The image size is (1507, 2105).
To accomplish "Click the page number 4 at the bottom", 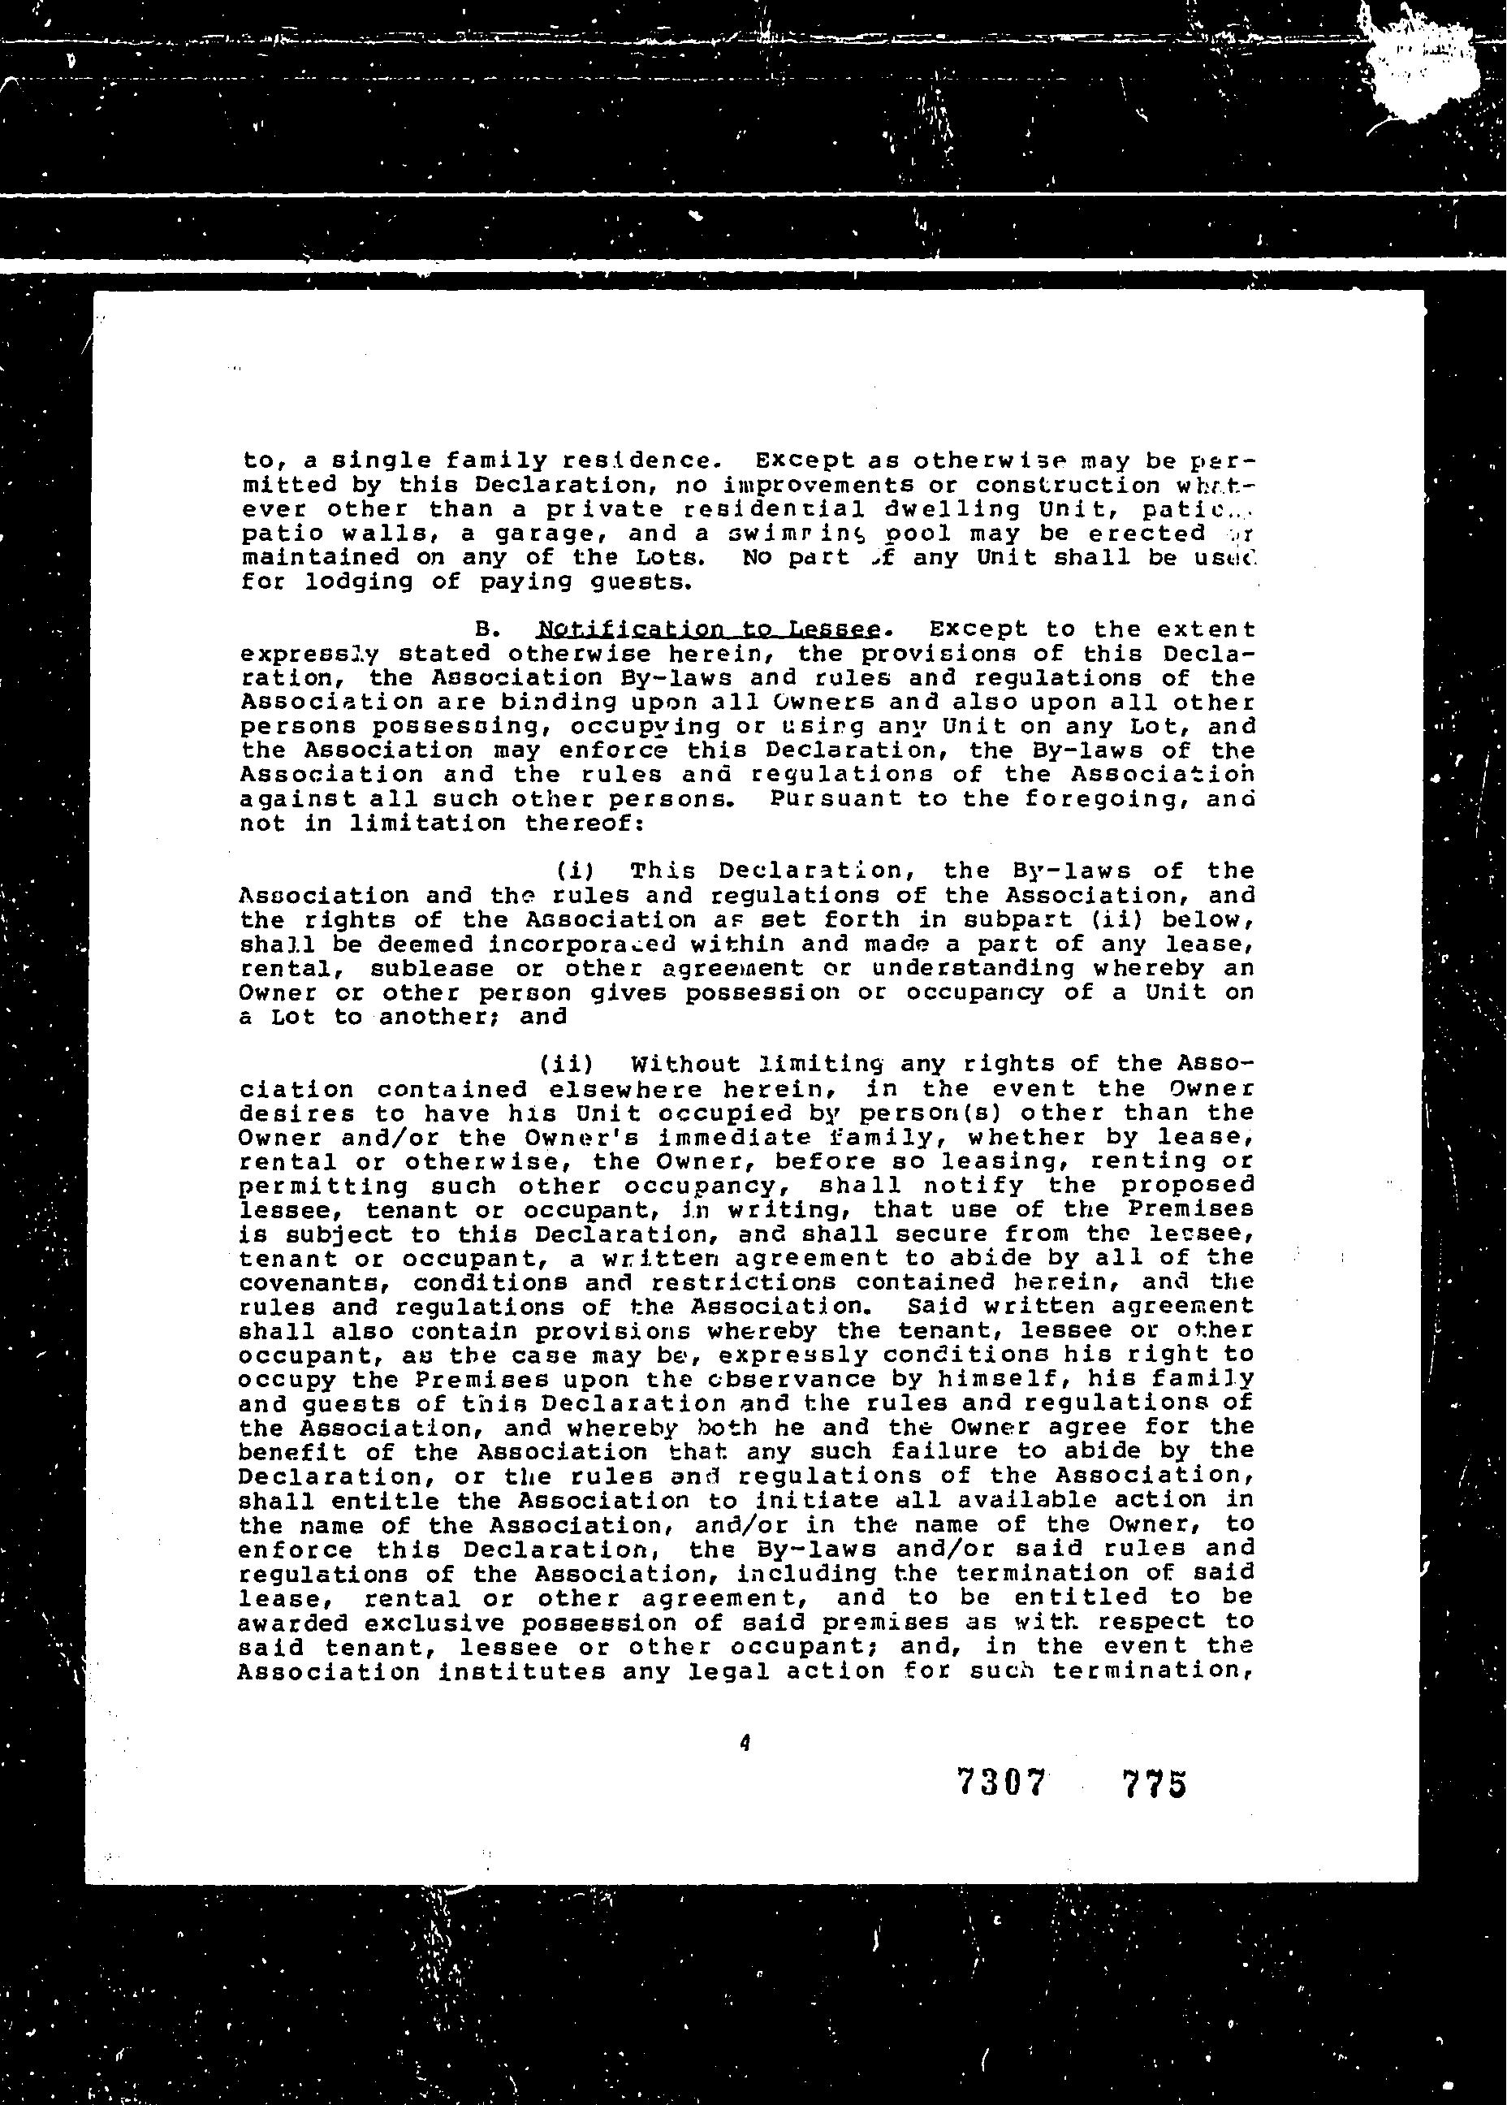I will point(745,1743).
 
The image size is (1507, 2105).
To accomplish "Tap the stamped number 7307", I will point(1000,1783).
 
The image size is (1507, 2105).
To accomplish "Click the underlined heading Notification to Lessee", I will point(708,629).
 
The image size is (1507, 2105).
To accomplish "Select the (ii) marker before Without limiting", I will point(566,1064).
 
